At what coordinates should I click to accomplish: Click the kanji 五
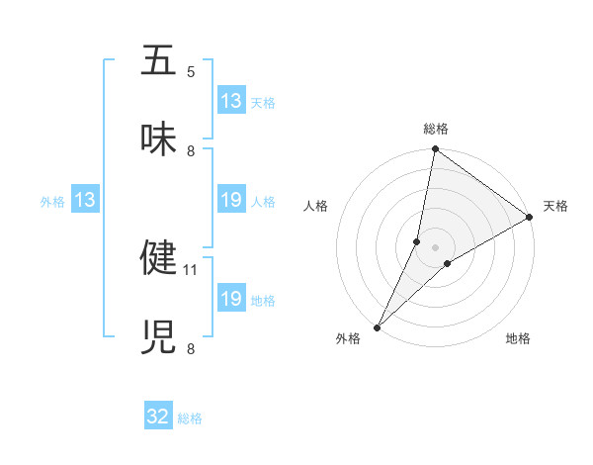click(x=160, y=61)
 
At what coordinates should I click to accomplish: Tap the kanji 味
click(x=160, y=139)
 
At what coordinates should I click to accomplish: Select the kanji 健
click(x=160, y=257)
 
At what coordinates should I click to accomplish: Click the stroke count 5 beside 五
click(x=191, y=72)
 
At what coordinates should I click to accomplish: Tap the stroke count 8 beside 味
click(x=191, y=151)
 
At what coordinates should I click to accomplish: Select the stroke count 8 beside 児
click(x=191, y=348)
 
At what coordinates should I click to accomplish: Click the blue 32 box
click(x=158, y=417)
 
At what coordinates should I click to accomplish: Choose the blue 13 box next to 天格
click(x=231, y=101)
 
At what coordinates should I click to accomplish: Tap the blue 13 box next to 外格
click(x=85, y=200)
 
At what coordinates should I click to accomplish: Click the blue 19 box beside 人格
click(x=231, y=200)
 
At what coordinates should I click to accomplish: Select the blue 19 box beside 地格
click(x=231, y=299)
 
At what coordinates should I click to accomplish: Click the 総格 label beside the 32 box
click(x=190, y=418)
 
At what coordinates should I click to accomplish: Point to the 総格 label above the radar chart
click(x=436, y=129)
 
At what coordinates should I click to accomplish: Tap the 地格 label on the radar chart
click(x=518, y=338)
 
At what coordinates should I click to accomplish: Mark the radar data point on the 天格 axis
click(x=530, y=218)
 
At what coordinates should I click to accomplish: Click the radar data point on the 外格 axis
click(x=378, y=326)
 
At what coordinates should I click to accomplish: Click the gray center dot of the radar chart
click(x=436, y=246)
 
